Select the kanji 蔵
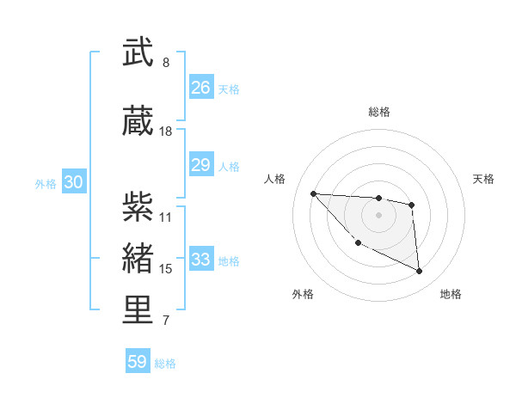click(138, 122)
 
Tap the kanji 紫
click(138, 205)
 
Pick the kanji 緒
click(138, 258)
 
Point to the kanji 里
click(138, 309)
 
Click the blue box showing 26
click(200, 88)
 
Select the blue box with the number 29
click(200, 165)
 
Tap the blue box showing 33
click(200, 260)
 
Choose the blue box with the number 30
click(73, 182)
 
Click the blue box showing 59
click(138, 362)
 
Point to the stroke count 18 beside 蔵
click(166, 132)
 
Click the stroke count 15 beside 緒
click(166, 269)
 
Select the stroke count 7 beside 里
click(166, 321)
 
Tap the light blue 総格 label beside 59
click(165, 364)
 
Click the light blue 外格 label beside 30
click(46, 184)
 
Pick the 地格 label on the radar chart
click(451, 294)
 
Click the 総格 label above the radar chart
click(378, 112)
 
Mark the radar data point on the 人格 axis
click(313, 193)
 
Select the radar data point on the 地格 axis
click(420, 272)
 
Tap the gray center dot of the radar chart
click(378, 214)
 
